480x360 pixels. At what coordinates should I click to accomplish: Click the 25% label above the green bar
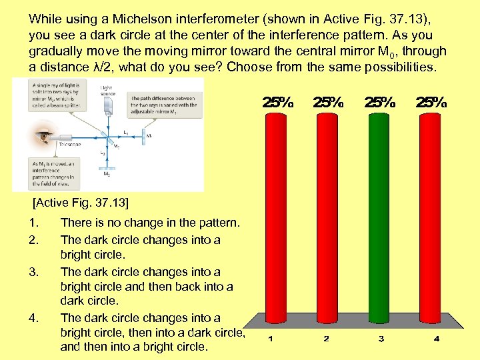point(380,103)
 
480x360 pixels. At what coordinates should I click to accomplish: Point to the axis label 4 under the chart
point(436,339)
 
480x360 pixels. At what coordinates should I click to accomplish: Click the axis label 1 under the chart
point(270,339)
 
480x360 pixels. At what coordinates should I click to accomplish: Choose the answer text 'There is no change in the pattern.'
point(150,224)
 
